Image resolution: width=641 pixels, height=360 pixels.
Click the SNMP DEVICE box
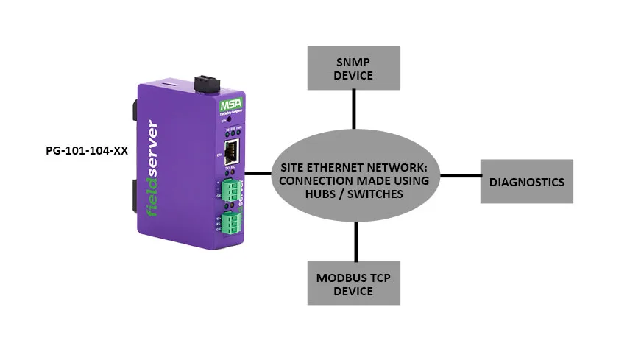354,68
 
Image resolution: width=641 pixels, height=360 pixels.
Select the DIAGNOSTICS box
528,181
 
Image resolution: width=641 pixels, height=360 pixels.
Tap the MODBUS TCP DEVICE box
354,283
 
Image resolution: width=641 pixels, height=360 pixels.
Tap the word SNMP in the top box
353,61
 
